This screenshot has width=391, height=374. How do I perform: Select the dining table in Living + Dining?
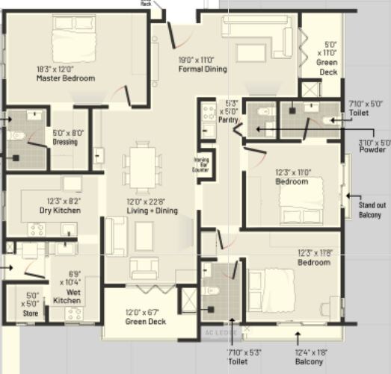[x=141, y=166]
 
